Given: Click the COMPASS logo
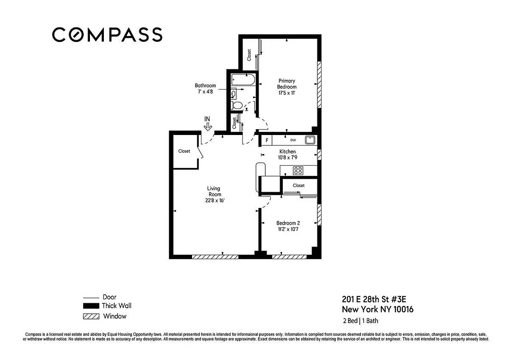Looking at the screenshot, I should [x=107, y=35].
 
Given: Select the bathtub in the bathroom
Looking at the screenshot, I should [x=243, y=81].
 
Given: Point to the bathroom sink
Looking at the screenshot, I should [x=234, y=94].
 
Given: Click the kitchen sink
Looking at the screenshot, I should [x=309, y=140].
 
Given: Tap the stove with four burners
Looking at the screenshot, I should [x=298, y=171].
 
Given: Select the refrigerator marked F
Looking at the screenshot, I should [x=267, y=140].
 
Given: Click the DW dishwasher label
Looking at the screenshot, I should [x=293, y=140].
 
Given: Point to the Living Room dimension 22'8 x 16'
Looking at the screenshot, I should [x=214, y=201].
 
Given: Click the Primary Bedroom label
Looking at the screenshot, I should [x=286, y=84].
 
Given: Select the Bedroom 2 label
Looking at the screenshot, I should [x=288, y=223].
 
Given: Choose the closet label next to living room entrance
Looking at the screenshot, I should [x=184, y=151].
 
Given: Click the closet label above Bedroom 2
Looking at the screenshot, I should [x=299, y=185].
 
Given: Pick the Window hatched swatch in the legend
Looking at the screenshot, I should [x=91, y=316].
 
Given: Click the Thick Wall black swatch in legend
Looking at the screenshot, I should [x=91, y=306].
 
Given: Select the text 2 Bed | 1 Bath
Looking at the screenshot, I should [x=364, y=321].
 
